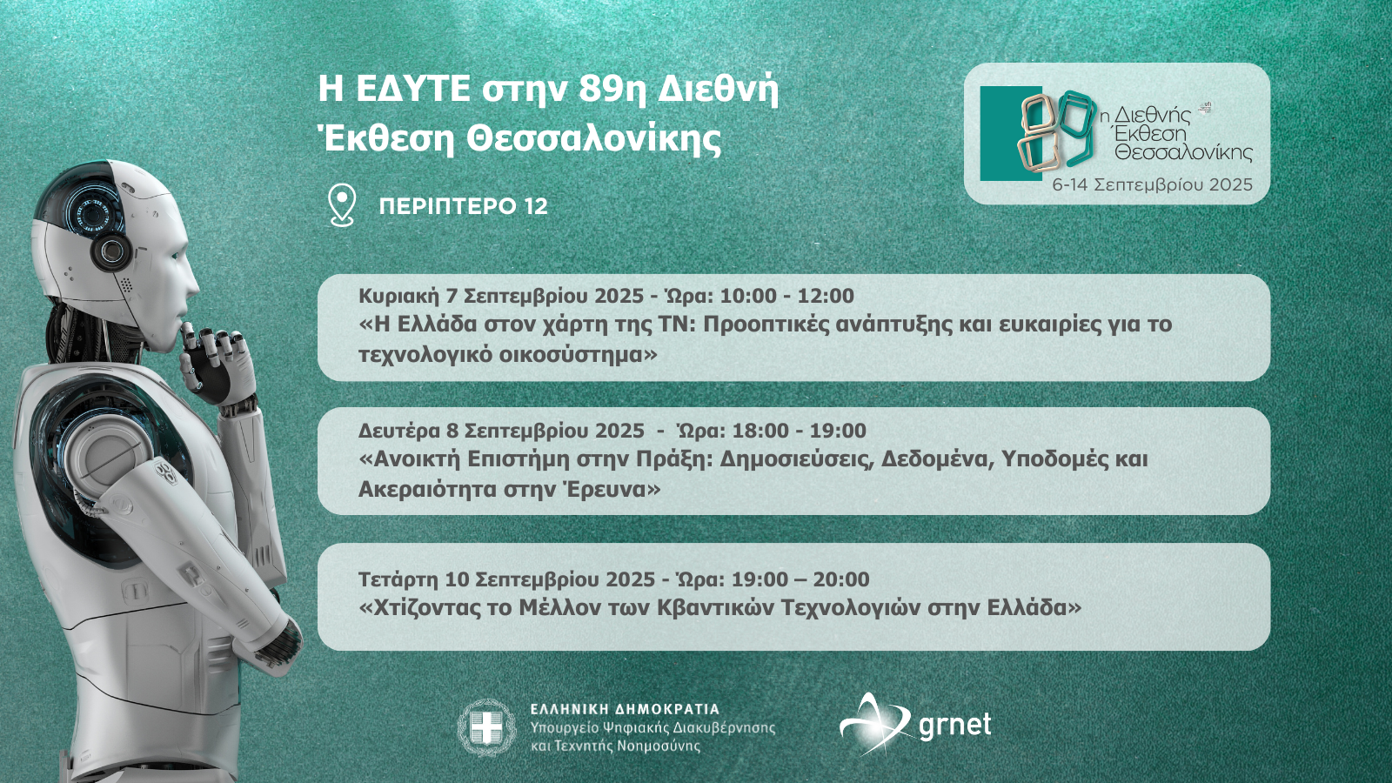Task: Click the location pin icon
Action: pyautogui.click(x=342, y=205)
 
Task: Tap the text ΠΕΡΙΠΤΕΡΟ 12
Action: pyautogui.click(x=464, y=206)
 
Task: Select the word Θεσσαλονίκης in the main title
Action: pyautogui.click(x=594, y=139)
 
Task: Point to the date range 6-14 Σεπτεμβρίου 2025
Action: pyautogui.click(x=1152, y=184)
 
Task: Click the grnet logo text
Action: pyautogui.click(x=954, y=726)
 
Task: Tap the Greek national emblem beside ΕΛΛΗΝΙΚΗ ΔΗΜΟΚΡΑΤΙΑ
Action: pyautogui.click(x=486, y=727)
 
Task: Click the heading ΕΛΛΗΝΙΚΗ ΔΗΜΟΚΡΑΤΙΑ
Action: pyautogui.click(x=625, y=709)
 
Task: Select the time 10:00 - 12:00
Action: pyautogui.click(x=786, y=296)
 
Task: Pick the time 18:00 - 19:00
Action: pyautogui.click(x=799, y=430)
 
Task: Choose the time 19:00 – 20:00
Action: pyautogui.click(x=800, y=579)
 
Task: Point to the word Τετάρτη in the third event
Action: pyautogui.click(x=399, y=580)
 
